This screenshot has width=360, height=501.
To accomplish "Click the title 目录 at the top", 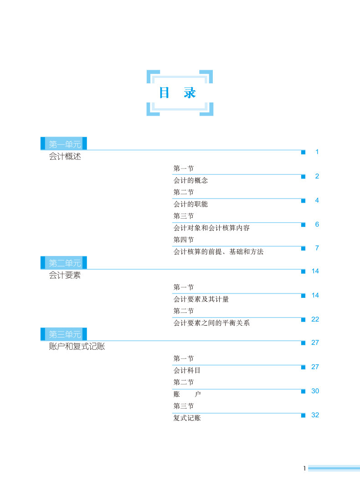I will click(x=178, y=93).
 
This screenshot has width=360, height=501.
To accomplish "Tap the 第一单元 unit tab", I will click(x=65, y=144).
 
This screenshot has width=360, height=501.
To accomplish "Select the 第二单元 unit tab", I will click(x=65, y=263).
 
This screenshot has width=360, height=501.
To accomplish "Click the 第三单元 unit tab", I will click(x=65, y=335).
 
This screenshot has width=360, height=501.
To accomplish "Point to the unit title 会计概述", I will click(x=65, y=158).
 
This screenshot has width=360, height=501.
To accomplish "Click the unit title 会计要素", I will click(x=65, y=276).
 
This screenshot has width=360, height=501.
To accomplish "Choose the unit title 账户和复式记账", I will click(x=77, y=347).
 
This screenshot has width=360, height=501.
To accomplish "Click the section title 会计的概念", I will click(x=190, y=180).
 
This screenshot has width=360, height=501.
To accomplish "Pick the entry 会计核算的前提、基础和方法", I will click(x=218, y=251).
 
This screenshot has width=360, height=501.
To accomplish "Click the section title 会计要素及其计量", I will click(x=201, y=299).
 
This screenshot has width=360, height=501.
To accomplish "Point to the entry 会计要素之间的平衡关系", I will click(x=211, y=323).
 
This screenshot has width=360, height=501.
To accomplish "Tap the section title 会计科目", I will click(x=187, y=371).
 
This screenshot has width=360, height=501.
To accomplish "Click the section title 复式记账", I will click(x=187, y=418).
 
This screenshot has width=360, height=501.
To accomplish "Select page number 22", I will click(x=315, y=319).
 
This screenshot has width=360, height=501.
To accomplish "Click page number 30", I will click(x=315, y=391).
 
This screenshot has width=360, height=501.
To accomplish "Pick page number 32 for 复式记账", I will click(x=315, y=415).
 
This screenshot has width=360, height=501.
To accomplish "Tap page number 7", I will click(x=317, y=248).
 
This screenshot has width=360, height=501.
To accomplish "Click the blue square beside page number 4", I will click(x=303, y=200).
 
